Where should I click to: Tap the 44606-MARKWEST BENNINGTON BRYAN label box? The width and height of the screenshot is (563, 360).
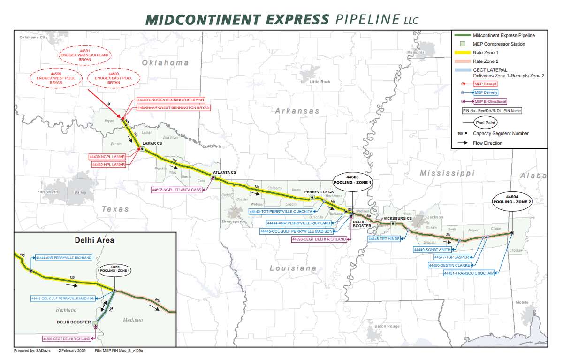[173, 107]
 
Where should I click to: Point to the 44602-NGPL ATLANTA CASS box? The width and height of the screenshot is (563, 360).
[175, 190]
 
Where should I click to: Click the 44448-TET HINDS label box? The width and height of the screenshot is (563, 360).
[384, 239]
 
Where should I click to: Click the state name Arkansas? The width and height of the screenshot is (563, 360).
[297, 111]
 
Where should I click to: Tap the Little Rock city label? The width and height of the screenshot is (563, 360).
[320, 82]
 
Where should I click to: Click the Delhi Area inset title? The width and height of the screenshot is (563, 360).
[94, 240]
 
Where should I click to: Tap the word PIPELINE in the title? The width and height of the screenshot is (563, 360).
[367, 19]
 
